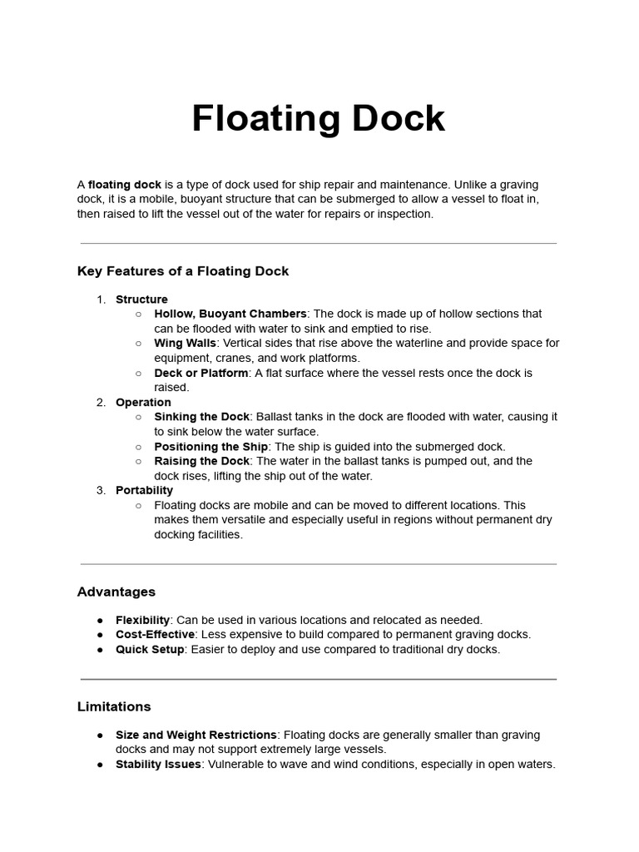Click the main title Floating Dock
[x=319, y=118]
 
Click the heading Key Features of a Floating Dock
[x=183, y=271]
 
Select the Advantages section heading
[x=116, y=592]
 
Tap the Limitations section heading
[x=114, y=706]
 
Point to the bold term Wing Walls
[x=185, y=343]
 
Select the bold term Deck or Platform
[x=201, y=373]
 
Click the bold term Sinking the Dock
[x=201, y=417]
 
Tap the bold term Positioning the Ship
[x=211, y=447]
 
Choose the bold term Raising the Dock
[x=201, y=461]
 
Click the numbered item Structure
[x=141, y=300]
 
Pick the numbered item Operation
[x=143, y=402]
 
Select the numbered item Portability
[x=144, y=490]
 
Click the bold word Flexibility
[x=142, y=620]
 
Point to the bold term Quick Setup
[x=150, y=649]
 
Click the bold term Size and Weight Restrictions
[x=196, y=735]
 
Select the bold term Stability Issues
[x=158, y=764]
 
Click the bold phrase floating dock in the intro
[x=125, y=184]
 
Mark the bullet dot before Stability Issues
[x=100, y=765]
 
